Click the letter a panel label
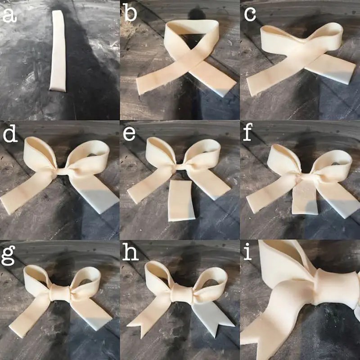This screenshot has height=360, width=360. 9,16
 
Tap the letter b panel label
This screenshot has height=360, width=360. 130,13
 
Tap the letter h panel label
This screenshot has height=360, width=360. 130,252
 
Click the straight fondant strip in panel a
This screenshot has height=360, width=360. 58,51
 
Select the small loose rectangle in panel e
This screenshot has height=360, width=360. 181,201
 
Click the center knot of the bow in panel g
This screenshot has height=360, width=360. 60,292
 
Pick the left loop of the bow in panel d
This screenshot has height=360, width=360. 39,154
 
